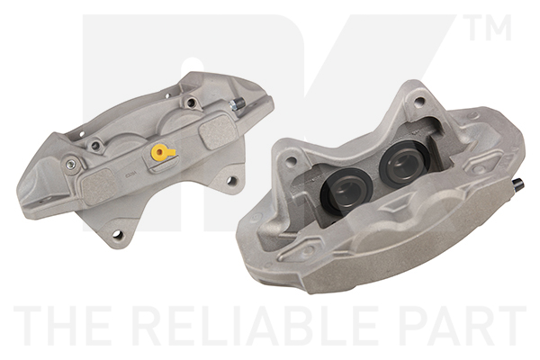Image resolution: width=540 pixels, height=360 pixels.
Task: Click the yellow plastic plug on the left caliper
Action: tap(160, 152)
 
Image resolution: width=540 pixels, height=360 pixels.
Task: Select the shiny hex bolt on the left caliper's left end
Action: tap(71, 165)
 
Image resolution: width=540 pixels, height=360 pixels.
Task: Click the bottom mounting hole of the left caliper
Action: tap(117, 235)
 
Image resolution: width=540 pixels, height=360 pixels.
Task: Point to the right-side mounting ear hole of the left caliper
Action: tap(232, 180)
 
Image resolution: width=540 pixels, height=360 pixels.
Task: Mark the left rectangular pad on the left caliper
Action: tap(100, 187)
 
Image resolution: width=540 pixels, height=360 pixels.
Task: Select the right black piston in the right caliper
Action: tap(405, 162)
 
